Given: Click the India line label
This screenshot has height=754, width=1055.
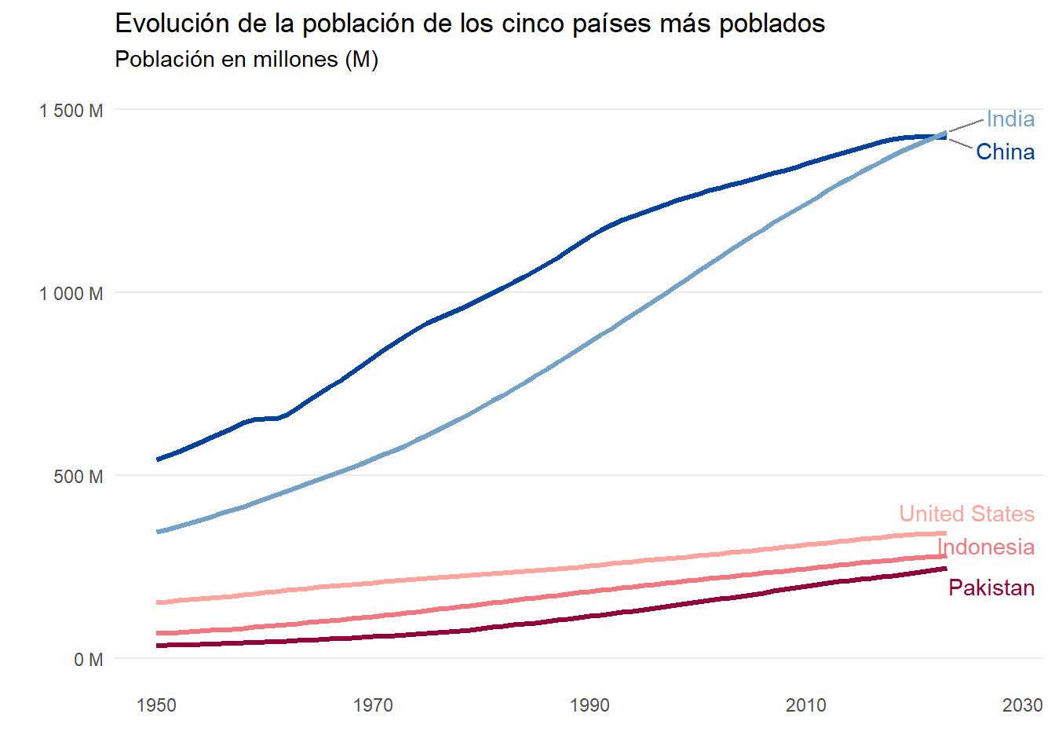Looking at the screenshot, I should pos(1010,119).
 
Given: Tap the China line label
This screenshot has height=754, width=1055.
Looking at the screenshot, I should pos(1005,152).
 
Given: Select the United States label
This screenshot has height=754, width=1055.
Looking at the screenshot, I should pos(966,514).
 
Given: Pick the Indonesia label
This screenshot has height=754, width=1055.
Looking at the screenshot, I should pos(986,547).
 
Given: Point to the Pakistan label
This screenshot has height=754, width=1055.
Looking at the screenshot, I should pos(991,587).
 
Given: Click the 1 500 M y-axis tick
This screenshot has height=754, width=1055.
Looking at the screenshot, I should pos(71,111).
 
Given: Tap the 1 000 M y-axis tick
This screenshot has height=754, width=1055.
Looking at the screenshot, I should pos(71,294).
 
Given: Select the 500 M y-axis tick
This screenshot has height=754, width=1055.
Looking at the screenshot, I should pos(78,477).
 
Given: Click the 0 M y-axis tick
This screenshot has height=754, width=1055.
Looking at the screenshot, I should pos(89,660).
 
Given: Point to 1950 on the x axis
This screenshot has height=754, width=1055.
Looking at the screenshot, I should pos(156,705).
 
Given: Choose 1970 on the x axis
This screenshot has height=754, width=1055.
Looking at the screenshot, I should pos(373,705).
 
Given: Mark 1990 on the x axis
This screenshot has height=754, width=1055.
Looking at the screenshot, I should pos(590,705).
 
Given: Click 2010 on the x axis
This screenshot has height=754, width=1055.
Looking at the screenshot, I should pos(806,705).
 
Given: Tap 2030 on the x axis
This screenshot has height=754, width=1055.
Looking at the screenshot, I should pos(1022,705).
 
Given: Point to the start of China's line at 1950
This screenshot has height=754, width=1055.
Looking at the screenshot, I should pos(159,459).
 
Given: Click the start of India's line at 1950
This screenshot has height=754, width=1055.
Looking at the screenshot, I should pos(159,532).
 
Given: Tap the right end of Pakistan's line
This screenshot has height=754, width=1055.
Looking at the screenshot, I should pos(946,569).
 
